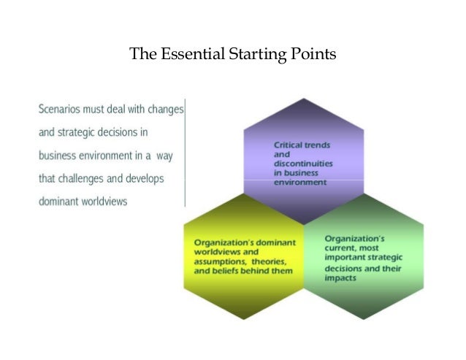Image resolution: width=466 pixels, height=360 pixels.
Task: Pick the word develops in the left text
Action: [x=143, y=178]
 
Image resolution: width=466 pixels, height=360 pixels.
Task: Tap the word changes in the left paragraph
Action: [x=164, y=110]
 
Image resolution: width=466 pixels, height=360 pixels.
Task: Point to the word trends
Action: [x=321, y=145]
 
